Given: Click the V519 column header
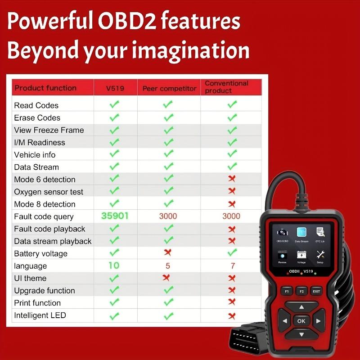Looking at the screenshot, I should point(115,88).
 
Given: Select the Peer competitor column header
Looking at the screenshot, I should point(169,88).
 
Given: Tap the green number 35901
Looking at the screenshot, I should point(115,216).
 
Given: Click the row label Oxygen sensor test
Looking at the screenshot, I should point(49,192).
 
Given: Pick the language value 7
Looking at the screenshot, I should point(232,265).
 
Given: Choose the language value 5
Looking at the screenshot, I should point(168,265).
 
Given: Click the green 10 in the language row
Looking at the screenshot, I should point(114,265).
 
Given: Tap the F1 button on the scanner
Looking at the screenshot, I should point(287,291).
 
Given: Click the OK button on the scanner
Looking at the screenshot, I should point(301,321).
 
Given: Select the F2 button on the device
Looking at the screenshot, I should point(301,291).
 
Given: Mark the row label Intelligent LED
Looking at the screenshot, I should point(40,315).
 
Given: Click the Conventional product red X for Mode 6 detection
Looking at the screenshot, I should point(232,179).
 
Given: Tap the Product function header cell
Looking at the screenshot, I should point(45,88).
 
